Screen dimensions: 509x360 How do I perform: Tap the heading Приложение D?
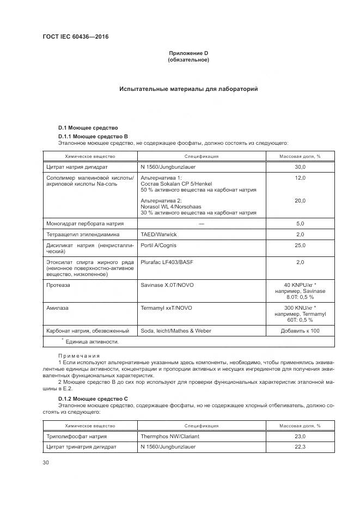tap(188, 53)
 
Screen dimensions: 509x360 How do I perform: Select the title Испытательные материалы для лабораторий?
tap(188, 89)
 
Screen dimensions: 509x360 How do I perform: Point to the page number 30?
tap(46, 462)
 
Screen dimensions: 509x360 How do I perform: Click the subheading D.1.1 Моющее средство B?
tap(93, 136)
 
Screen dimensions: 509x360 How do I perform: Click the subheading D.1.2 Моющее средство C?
tap(93, 398)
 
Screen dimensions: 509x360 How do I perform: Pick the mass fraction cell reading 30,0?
tap(300, 168)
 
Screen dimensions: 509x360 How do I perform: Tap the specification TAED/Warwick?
tap(159, 234)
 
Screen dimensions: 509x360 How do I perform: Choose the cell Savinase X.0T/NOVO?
tap(166, 285)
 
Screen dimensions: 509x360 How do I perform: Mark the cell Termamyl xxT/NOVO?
tap(166, 308)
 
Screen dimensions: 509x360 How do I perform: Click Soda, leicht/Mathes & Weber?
tap(176, 330)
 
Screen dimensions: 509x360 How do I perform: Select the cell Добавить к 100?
tap(300, 330)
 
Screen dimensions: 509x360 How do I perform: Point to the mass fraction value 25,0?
tap(300, 246)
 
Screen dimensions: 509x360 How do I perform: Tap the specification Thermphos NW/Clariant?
tap(170, 436)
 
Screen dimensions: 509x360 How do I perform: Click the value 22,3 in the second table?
tap(300, 447)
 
